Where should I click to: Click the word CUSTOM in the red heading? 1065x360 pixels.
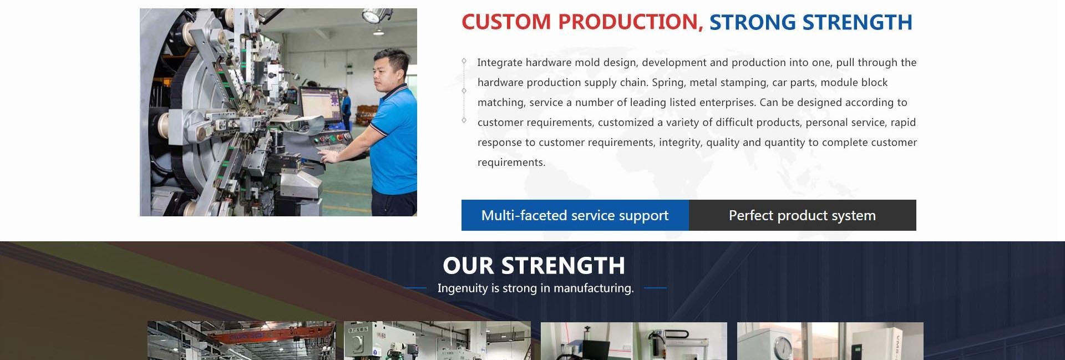pyautogui.click(x=506, y=22)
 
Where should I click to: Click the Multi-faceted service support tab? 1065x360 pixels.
pyautogui.click(x=575, y=215)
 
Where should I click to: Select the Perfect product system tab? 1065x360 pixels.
pyautogui.click(x=803, y=215)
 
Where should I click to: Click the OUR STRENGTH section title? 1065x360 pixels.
pyautogui.click(x=534, y=266)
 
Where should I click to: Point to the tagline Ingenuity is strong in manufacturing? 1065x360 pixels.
pyautogui.click(x=535, y=288)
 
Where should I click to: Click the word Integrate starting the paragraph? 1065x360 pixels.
pyautogui.click(x=500, y=63)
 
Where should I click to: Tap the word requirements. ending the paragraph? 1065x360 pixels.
pyautogui.click(x=511, y=163)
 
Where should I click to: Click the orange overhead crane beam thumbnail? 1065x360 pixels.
pyautogui.click(x=241, y=341)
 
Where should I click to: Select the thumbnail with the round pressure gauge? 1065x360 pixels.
pyautogui.click(x=830, y=341)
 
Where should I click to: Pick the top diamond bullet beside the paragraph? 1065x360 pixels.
pyautogui.click(x=464, y=62)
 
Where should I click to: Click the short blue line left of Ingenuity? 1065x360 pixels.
pyautogui.click(x=415, y=288)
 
